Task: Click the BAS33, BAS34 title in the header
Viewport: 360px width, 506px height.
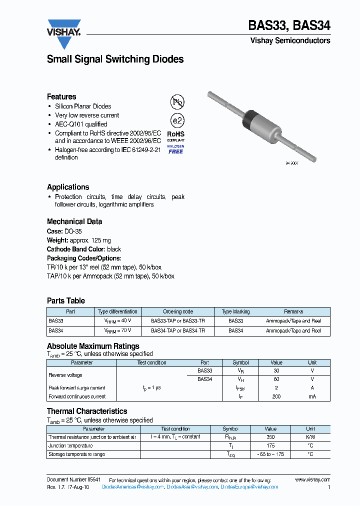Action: coord(289,25)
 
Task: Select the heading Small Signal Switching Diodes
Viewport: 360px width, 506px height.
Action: coord(115,59)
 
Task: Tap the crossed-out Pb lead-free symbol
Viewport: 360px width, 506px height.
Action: coord(177,102)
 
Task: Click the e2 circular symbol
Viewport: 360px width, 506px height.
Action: coord(177,120)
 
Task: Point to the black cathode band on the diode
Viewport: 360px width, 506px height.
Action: coord(248,120)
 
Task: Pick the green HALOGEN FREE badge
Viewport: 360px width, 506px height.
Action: coord(175,149)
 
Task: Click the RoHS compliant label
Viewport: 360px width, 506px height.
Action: coord(175,136)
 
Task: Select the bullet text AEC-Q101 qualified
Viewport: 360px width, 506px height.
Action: coord(81,124)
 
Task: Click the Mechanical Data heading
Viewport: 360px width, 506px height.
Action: coord(74,221)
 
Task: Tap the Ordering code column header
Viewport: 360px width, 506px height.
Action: coord(177,311)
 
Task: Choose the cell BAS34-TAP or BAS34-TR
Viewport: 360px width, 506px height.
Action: coord(177,330)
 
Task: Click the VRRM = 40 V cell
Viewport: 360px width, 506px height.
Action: coord(117,321)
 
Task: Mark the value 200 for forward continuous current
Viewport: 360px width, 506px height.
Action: coord(276,396)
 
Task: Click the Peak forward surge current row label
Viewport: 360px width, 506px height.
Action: coord(76,388)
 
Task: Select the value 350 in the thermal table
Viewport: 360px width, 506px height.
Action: coord(270,437)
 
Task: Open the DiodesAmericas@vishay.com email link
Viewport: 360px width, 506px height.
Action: coord(132,487)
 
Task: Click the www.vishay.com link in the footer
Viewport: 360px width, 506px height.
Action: coord(312,479)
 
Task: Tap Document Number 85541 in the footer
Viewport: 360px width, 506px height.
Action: coord(73,479)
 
